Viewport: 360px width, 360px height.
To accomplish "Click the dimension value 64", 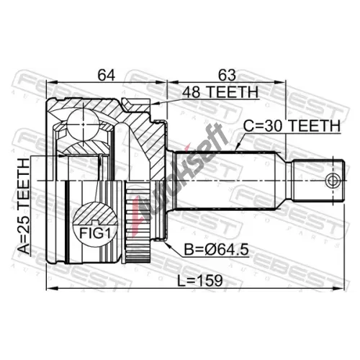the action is (107, 75).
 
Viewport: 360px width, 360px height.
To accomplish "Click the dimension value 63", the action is (227, 75).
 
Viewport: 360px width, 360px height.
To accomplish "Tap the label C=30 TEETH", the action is (292, 125).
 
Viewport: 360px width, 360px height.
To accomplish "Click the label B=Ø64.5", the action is (216, 249).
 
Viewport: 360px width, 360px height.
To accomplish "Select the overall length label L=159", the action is (200, 281).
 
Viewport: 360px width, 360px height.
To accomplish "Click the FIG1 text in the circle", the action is (95, 233).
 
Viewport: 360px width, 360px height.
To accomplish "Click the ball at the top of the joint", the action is (83, 125).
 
